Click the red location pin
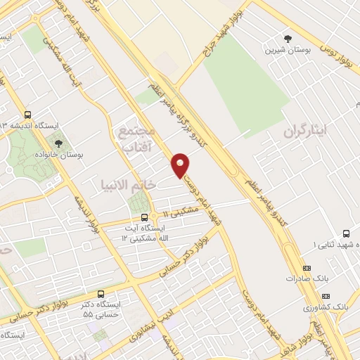(181, 165)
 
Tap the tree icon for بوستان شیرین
(287, 38)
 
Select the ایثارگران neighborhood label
(307, 132)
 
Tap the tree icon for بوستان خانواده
(58, 143)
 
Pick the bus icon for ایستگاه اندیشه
(27, 115)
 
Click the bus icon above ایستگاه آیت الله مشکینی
(144, 217)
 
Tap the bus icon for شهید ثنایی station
(345, 233)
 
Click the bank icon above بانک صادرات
(307, 268)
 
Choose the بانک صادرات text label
(307, 278)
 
